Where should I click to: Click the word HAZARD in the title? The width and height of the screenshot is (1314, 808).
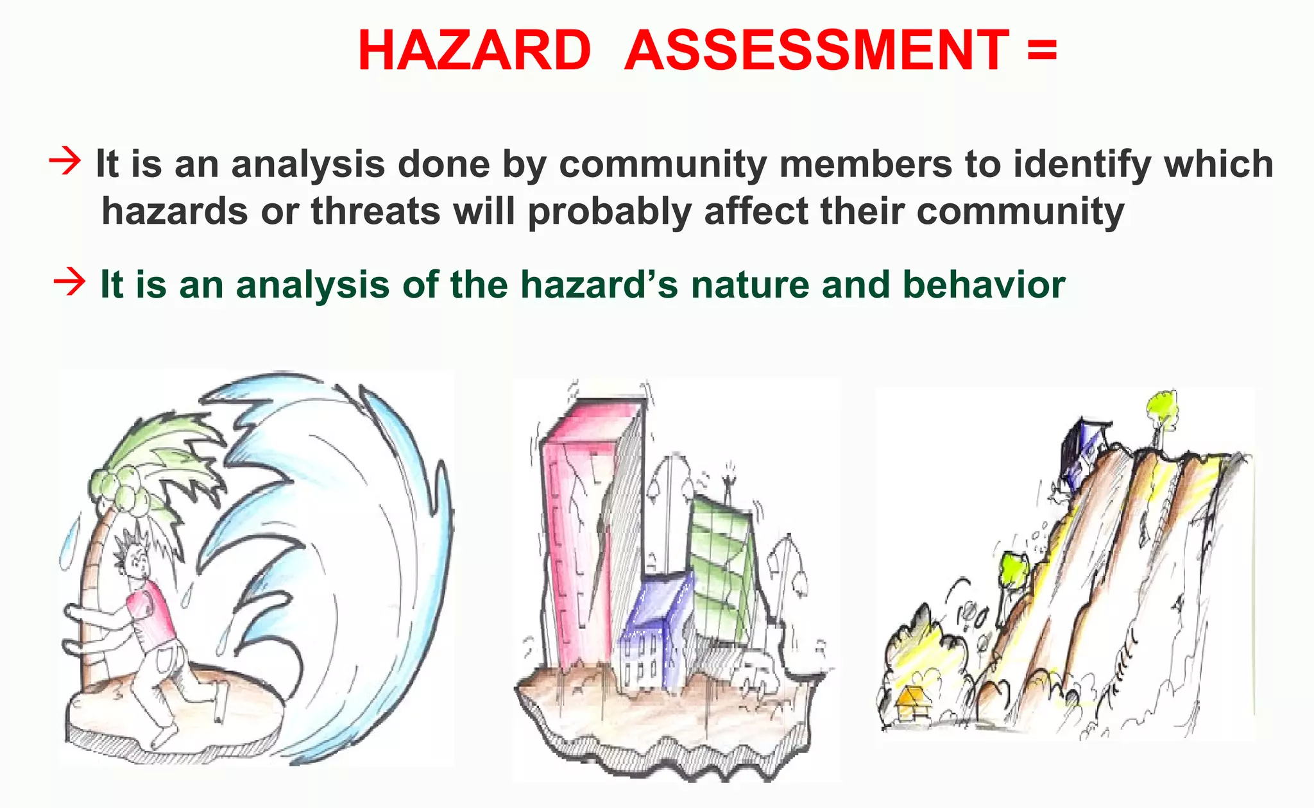(x=474, y=51)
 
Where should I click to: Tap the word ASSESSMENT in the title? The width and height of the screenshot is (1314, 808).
(x=817, y=51)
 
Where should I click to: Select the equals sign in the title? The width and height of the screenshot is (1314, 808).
(x=1041, y=49)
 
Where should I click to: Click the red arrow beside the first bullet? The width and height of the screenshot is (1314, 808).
(x=65, y=161)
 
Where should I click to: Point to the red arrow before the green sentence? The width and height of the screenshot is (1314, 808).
(x=69, y=282)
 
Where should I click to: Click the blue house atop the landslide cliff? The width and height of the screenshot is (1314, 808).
(x=1084, y=449)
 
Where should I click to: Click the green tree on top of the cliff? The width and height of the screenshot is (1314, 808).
(x=1162, y=410)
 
